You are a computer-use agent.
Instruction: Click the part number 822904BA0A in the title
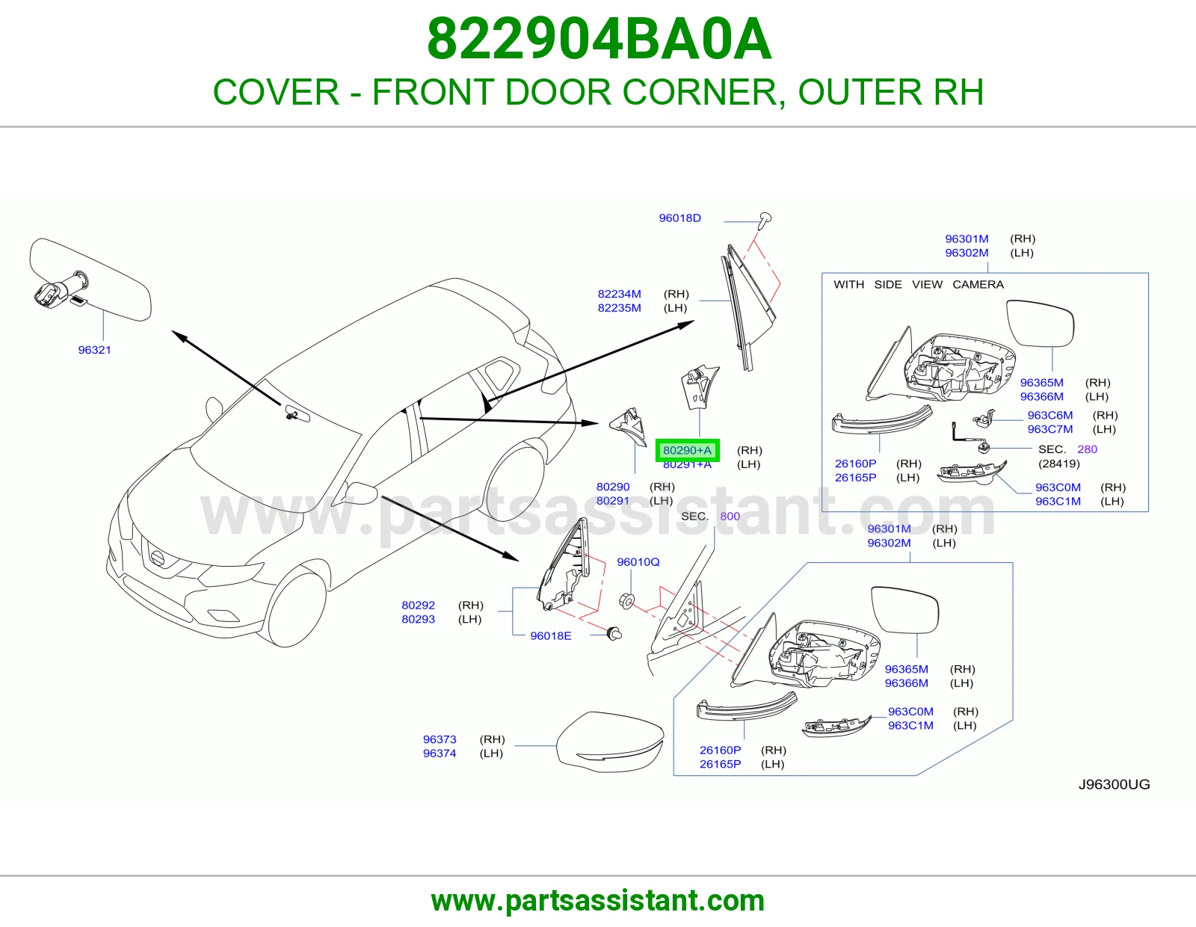tap(599, 39)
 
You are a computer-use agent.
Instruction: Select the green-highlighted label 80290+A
tap(687, 450)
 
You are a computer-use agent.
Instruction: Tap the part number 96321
tap(95, 350)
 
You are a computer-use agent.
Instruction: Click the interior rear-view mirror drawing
tap(90, 280)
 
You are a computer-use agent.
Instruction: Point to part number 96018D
tap(679, 218)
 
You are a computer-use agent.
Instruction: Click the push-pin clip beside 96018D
tap(765, 221)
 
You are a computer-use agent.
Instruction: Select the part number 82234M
tap(619, 294)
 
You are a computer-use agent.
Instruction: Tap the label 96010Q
tap(638, 562)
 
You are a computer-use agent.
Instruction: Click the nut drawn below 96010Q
tap(627, 600)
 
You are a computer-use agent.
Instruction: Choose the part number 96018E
tap(550, 635)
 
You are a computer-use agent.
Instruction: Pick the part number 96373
tap(440, 739)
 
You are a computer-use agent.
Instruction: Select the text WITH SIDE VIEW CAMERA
tap(919, 285)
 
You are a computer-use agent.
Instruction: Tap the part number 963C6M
tap(1050, 415)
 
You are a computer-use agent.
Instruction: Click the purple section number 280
tap(1087, 449)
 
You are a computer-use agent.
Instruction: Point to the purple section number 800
tap(730, 517)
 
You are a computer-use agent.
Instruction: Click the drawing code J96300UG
tap(1114, 784)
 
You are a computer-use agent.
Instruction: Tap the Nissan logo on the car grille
tap(158, 558)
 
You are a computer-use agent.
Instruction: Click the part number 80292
tap(419, 605)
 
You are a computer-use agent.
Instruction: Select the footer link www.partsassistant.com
tap(598, 901)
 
